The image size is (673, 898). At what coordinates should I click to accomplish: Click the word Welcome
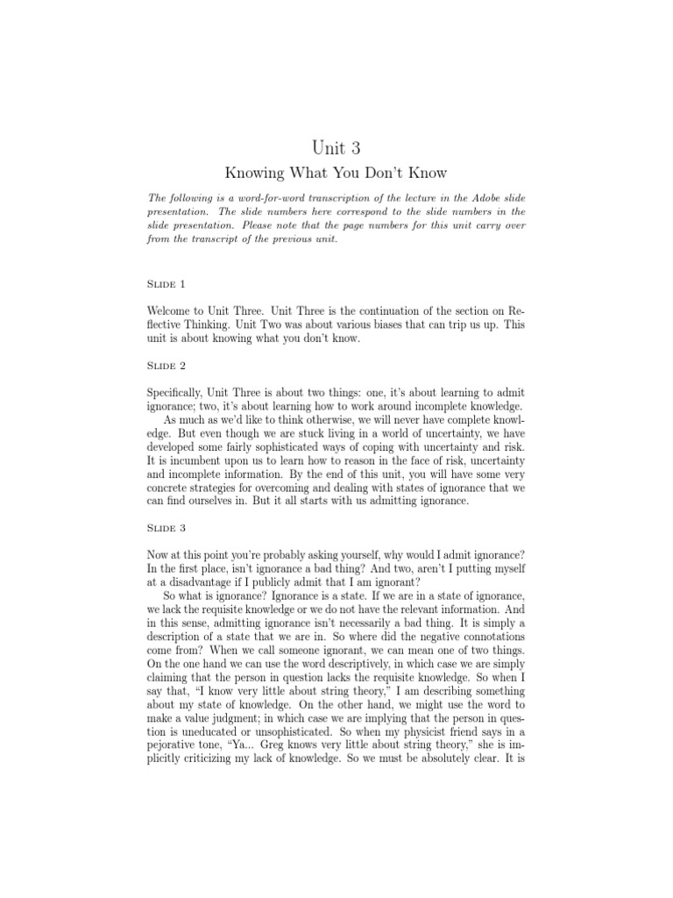click(176, 310)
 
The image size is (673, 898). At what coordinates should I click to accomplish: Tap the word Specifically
click(182, 391)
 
